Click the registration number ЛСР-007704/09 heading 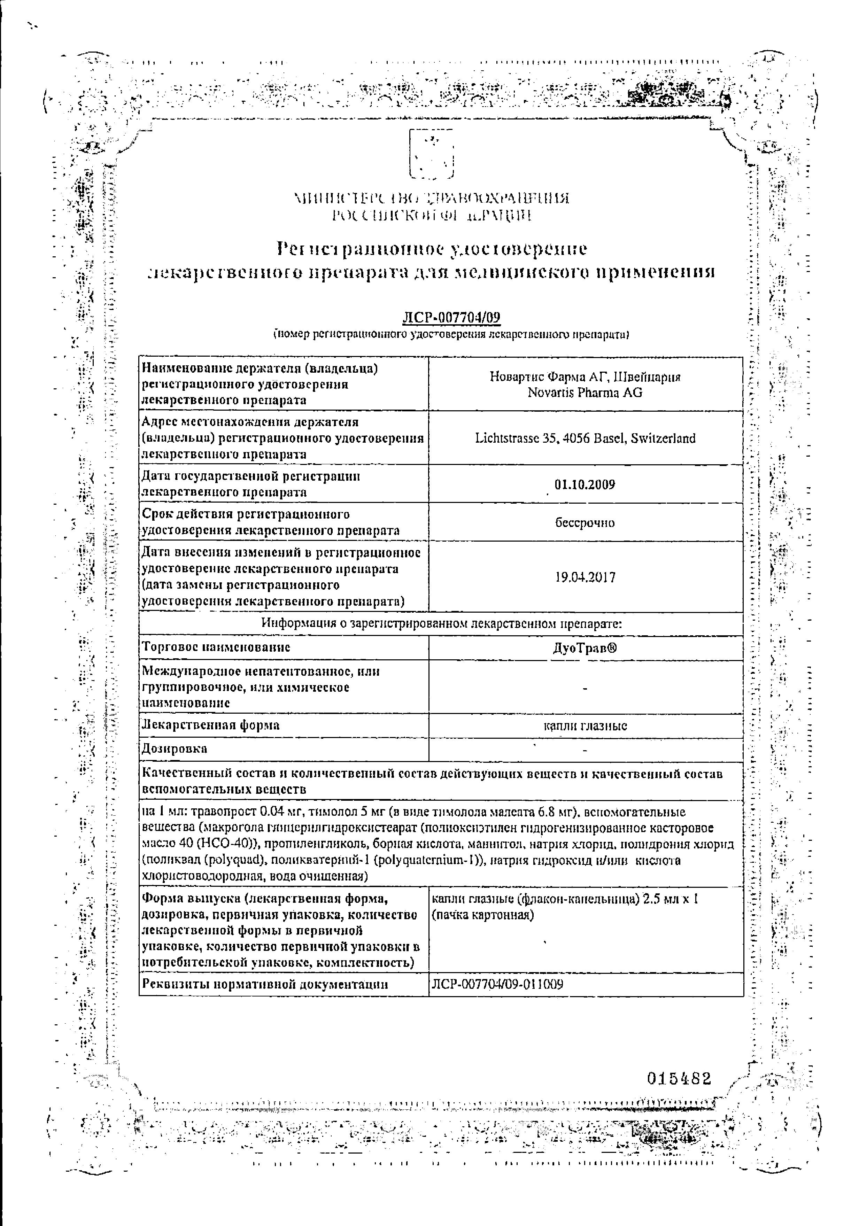(x=451, y=318)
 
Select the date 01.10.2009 (x=585, y=484)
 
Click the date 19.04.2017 (x=585, y=577)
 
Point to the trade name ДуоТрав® (x=585, y=648)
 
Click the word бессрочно (x=585, y=523)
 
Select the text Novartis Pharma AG (x=585, y=393)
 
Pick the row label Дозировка (x=174, y=748)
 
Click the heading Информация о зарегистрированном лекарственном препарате (x=441, y=624)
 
